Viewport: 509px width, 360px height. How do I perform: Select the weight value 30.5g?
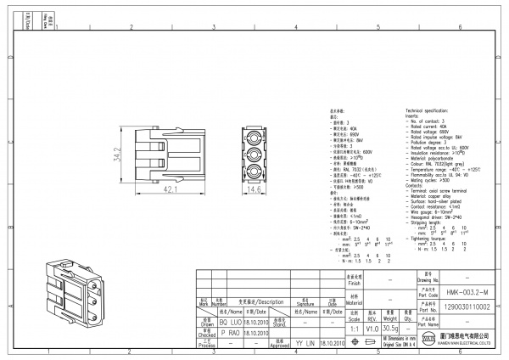[390, 327]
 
